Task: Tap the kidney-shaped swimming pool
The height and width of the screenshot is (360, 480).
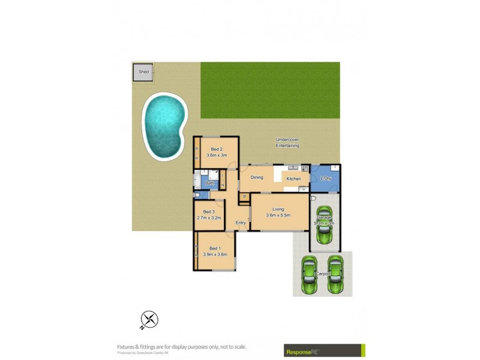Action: click(164, 125)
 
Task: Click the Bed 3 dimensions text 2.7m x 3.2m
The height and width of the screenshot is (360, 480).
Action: click(209, 218)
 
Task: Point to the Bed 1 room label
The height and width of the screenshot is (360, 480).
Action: click(214, 248)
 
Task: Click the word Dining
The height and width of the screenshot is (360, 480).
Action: click(257, 178)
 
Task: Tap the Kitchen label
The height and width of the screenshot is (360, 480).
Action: click(293, 179)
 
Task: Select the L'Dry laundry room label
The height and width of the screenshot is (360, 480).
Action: click(326, 178)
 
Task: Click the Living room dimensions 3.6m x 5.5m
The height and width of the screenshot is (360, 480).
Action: click(278, 215)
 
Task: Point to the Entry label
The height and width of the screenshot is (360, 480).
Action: click(241, 223)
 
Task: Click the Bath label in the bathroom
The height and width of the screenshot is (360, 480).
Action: click(209, 184)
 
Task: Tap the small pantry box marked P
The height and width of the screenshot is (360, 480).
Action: click(245, 197)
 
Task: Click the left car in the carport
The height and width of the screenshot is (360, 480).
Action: click(310, 274)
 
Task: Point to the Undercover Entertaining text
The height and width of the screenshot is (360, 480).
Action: click(287, 143)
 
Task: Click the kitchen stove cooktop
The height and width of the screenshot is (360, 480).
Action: click(304, 169)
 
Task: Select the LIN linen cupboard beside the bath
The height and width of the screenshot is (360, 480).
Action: click(222, 178)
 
